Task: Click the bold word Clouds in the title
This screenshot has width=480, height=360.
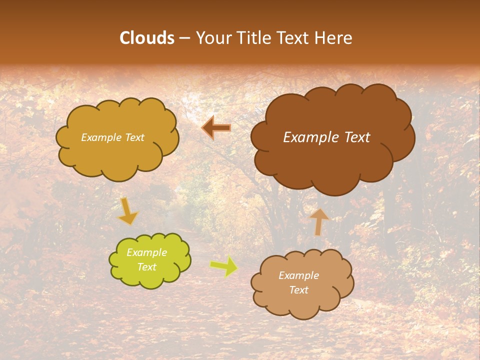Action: pyautogui.click(x=147, y=38)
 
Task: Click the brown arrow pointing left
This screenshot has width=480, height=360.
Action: pyautogui.click(x=216, y=128)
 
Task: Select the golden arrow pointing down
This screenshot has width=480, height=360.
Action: pyautogui.click(x=128, y=211)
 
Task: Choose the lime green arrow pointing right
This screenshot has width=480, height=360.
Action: pyautogui.click(x=224, y=266)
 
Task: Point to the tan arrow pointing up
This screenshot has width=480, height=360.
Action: pyautogui.click(x=319, y=221)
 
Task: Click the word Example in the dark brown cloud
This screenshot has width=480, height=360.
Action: pyautogui.click(x=312, y=137)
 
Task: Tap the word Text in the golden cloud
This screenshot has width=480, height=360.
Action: pyautogui.click(x=134, y=137)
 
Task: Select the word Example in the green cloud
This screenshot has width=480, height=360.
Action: pyautogui.click(x=147, y=252)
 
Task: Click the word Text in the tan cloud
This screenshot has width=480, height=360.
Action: pyautogui.click(x=299, y=290)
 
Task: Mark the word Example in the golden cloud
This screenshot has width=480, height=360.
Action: pyautogui.click(x=101, y=137)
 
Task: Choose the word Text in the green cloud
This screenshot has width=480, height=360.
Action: pyautogui.click(x=147, y=267)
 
